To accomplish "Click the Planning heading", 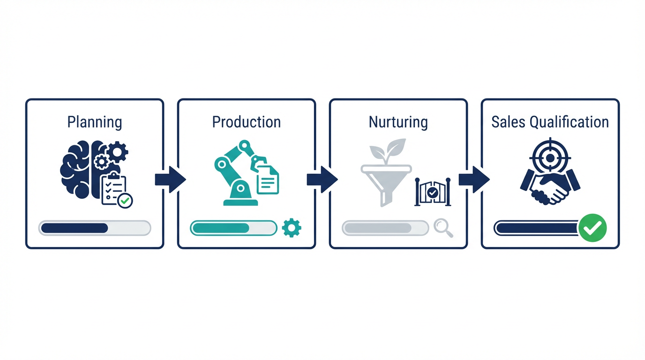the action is point(94,122).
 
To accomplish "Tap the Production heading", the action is point(247,122).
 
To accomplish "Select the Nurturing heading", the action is point(398,122).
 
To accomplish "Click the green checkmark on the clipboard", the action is point(125,201).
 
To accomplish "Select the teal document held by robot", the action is point(268,180).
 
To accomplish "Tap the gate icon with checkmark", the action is point(433,192).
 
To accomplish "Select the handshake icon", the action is point(550,187).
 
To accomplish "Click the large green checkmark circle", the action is point(592,228).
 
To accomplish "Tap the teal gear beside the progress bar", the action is point(292,228).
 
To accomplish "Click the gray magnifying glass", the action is point(443,228).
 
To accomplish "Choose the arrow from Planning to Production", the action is point(171,180).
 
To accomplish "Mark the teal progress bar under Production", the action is point(233,228).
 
